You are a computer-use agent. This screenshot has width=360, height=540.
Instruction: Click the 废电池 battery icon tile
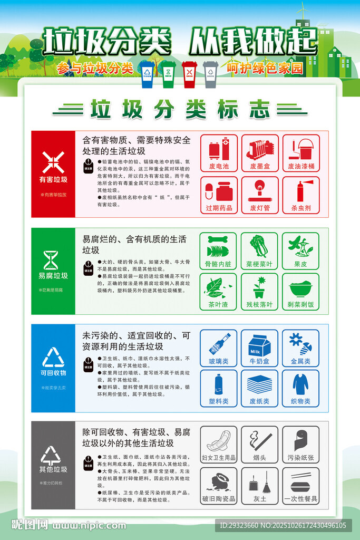pos(219,153)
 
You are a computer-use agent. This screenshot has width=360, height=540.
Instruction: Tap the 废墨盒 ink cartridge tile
pos(260,153)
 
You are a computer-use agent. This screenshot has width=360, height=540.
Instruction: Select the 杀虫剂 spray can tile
pos(301,195)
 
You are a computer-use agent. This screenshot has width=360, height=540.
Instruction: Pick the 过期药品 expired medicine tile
pos(219,195)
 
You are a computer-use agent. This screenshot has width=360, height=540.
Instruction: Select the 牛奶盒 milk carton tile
pos(259,348)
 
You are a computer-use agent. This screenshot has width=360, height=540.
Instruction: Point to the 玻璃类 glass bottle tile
pos(218,348)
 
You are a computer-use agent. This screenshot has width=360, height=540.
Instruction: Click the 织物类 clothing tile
pos(300,388)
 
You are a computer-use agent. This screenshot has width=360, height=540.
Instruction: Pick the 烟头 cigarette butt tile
pos(260,445)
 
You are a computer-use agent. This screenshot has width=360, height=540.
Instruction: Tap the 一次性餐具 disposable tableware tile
pos(300,486)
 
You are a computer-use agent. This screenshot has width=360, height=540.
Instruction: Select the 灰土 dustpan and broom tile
pos(260,486)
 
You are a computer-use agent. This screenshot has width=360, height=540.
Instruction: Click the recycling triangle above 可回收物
pos(53,357)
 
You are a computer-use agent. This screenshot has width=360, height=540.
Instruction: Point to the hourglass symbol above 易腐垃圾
pos(52,260)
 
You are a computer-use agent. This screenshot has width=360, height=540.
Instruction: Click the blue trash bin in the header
pos(147,74)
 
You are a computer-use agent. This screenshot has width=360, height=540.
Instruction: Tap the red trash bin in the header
pos(189,74)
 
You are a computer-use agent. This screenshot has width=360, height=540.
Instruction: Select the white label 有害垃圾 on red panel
pos(53,179)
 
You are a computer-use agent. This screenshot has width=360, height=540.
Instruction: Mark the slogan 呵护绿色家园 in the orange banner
pos(265,68)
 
